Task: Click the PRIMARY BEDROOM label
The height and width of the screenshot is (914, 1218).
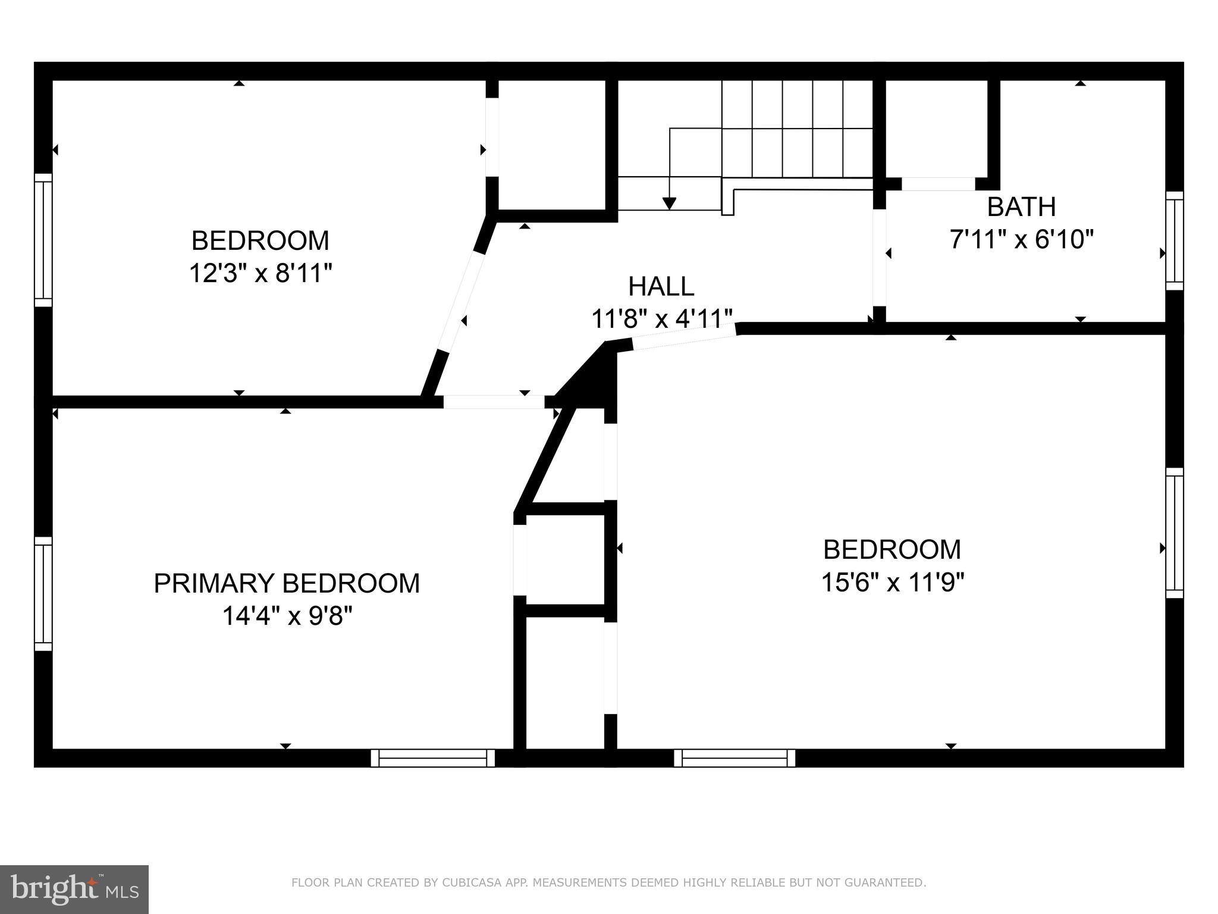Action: (287, 584)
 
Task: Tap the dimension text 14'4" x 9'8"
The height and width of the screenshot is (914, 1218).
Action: (287, 616)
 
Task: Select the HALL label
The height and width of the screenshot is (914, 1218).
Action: (661, 287)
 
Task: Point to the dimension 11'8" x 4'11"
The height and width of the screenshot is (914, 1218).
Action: (661, 320)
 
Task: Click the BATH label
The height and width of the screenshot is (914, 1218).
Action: (1021, 207)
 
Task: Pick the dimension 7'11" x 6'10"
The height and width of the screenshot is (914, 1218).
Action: (1021, 240)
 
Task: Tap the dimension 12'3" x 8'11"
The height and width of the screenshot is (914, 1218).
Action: (260, 274)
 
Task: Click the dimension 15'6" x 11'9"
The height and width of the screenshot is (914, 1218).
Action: (891, 583)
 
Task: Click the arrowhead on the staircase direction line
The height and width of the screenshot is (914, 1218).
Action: (670, 204)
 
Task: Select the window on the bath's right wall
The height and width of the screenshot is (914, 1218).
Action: (1174, 241)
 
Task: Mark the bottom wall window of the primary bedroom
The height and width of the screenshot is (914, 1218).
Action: (433, 758)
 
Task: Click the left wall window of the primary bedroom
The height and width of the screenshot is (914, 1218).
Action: (43, 594)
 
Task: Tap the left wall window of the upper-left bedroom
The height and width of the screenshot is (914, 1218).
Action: (43, 240)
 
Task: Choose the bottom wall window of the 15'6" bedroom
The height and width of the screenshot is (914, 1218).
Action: (734, 758)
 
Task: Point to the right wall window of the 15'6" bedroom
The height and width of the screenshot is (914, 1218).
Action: (1174, 533)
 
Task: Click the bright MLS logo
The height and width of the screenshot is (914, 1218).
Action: (74, 890)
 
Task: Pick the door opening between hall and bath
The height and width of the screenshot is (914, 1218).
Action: (880, 258)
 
